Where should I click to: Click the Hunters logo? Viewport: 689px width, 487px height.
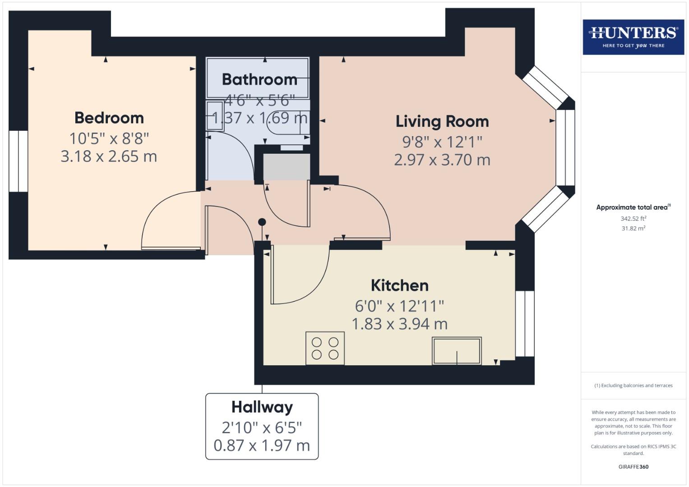(x=633, y=37)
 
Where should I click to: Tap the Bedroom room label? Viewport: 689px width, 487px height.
(x=109, y=118)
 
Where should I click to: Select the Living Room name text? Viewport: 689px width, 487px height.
(x=442, y=121)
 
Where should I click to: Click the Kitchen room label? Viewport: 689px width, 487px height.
(x=399, y=285)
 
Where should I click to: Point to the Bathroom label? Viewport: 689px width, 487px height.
(x=259, y=79)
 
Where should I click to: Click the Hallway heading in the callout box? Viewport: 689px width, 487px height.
(x=262, y=407)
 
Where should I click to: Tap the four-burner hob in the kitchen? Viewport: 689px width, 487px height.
(x=325, y=348)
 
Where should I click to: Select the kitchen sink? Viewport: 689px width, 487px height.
(x=457, y=351)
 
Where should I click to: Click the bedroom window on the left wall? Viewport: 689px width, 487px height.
(x=18, y=161)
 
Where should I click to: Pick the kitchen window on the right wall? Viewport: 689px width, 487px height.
(x=525, y=324)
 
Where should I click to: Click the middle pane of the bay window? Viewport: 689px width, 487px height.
(x=565, y=147)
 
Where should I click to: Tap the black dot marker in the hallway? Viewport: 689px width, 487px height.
(x=262, y=222)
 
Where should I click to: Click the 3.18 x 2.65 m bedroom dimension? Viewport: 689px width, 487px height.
(x=109, y=156)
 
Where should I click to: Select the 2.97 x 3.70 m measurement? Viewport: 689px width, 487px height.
(x=442, y=160)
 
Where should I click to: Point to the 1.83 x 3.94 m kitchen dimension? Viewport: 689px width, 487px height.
(x=399, y=324)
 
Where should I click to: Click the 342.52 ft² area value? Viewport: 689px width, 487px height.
(x=633, y=219)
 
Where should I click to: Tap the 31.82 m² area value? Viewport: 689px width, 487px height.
(x=633, y=228)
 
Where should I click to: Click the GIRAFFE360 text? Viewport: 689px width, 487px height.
(x=633, y=467)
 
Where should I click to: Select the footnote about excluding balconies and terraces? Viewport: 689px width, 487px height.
(x=633, y=386)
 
